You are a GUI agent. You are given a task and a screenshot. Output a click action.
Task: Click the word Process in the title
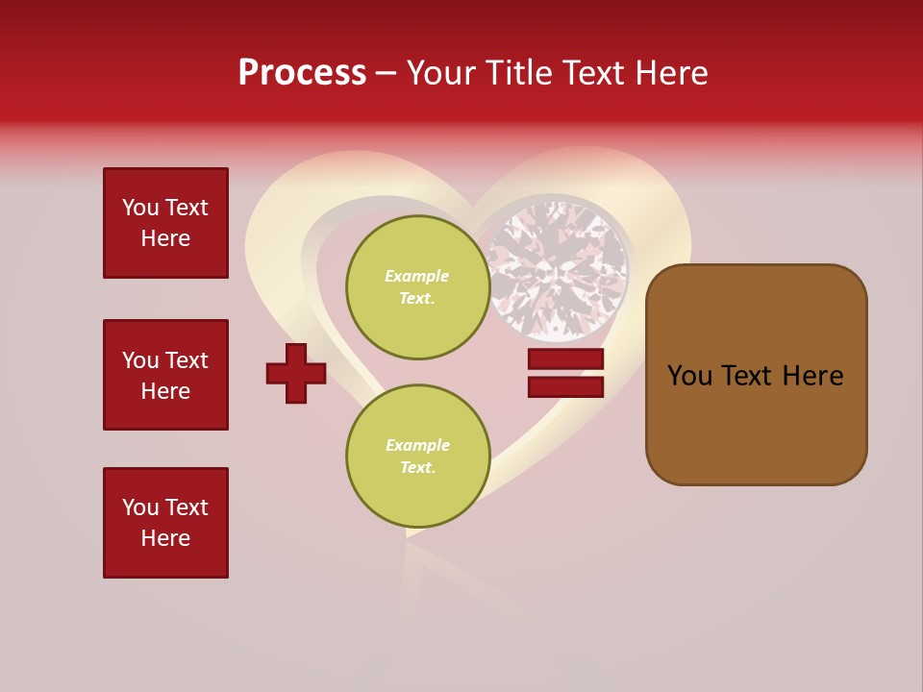(x=302, y=73)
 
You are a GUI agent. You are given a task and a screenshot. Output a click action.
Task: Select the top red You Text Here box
(x=165, y=223)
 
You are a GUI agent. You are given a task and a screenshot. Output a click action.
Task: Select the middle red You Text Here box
(x=165, y=375)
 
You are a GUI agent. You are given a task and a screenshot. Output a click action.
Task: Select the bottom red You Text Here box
(x=165, y=523)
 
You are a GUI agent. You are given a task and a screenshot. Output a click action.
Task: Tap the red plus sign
(x=296, y=373)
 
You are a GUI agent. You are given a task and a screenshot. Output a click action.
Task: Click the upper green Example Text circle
(x=417, y=287)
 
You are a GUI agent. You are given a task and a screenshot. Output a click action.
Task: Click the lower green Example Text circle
(x=417, y=457)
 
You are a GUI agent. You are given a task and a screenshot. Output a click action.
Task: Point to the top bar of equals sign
(x=565, y=359)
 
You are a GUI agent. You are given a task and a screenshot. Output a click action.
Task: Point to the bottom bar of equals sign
(x=565, y=387)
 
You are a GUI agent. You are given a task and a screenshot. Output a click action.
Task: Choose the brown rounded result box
(x=756, y=375)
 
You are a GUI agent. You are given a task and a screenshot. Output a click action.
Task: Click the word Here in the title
(x=673, y=73)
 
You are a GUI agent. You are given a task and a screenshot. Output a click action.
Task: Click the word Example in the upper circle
(x=417, y=276)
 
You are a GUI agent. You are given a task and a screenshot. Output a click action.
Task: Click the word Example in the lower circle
(x=417, y=445)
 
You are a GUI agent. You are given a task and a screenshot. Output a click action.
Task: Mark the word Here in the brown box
(x=813, y=376)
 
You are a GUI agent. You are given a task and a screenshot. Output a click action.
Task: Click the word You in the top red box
(x=140, y=208)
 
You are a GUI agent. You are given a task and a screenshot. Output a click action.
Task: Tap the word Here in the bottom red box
(x=165, y=538)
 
